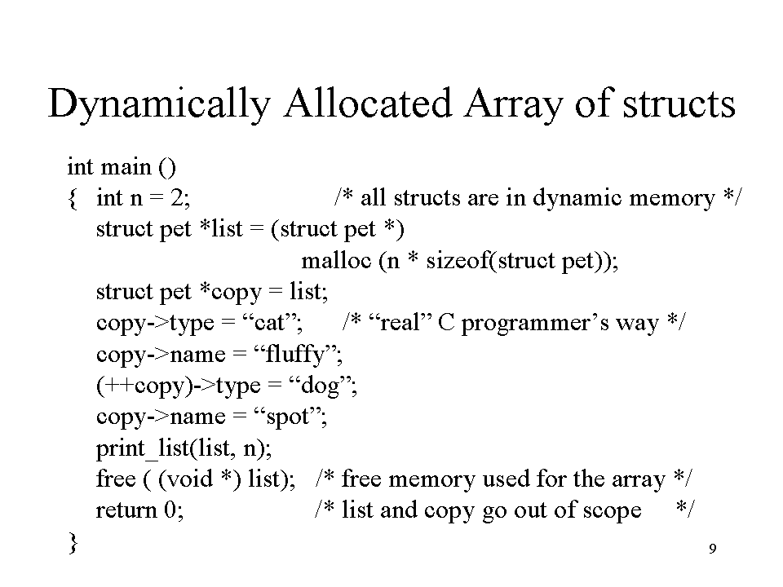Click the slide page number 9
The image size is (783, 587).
point(713,549)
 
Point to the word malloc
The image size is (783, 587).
point(337,260)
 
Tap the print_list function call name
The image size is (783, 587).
point(143,448)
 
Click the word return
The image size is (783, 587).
point(126,510)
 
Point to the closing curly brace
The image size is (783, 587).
point(73,543)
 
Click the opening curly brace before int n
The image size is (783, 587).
point(73,199)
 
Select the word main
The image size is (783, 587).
point(126,166)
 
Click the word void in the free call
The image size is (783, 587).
point(187,479)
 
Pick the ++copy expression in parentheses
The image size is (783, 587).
point(145,386)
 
